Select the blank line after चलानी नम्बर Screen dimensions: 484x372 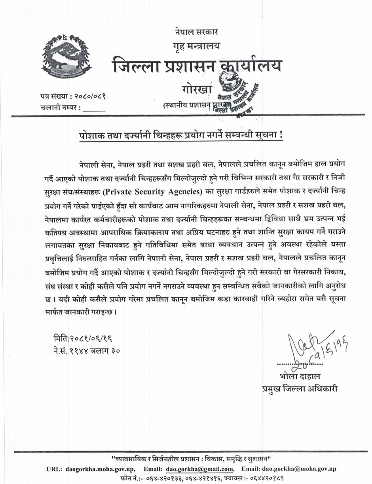point(94,108)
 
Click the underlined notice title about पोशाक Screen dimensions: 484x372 point(180,134)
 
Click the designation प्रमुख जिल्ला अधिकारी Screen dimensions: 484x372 point(300,388)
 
